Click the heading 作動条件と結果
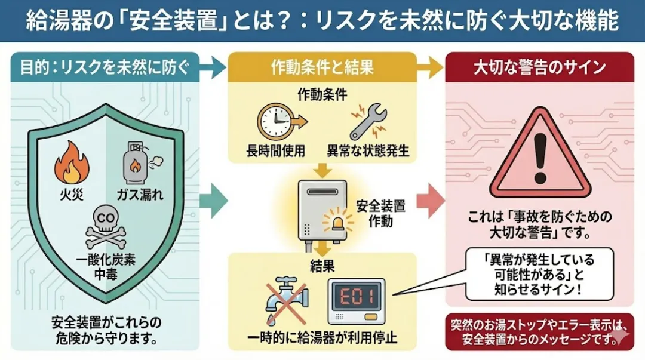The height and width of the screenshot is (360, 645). click(x=322, y=67)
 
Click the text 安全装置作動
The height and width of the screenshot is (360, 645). click(x=380, y=214)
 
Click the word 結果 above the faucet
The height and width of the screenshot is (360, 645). click(x=322, y=266)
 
